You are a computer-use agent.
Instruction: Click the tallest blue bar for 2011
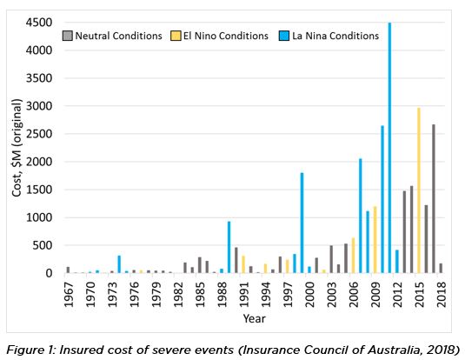[x=389, y=148]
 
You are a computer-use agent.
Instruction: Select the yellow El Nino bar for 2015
[x=419, y=190]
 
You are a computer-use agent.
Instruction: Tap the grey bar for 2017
[x=434, y=198]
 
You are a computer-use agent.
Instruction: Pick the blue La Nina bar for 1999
[x=302, y=223]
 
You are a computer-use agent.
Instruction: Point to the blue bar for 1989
[x=229, y=247]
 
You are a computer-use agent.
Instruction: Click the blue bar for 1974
[x=119, y=264]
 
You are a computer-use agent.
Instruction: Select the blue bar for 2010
[x=382, y=199]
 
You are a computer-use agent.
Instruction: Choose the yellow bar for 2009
[x=375, y=240]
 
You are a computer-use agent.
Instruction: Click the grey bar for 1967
[x=68, y=270]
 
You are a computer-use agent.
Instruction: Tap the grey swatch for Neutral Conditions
[x=67, y=36]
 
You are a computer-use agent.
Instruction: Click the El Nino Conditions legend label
[x=226, y=36]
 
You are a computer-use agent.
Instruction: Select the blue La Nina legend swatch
[x=284, y=36]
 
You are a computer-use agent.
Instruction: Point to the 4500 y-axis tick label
[x=39, y=23]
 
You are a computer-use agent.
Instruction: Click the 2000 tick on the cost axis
[x=39, y=162]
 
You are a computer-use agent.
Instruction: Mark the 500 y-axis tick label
[x=43, y=245]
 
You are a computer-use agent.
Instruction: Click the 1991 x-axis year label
[x=243, y=295]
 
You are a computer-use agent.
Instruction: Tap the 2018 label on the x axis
[x=442, y=295]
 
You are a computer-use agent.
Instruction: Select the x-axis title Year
[x=254, y=319]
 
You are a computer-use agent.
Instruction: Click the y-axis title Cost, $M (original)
[x=17, y=148]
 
